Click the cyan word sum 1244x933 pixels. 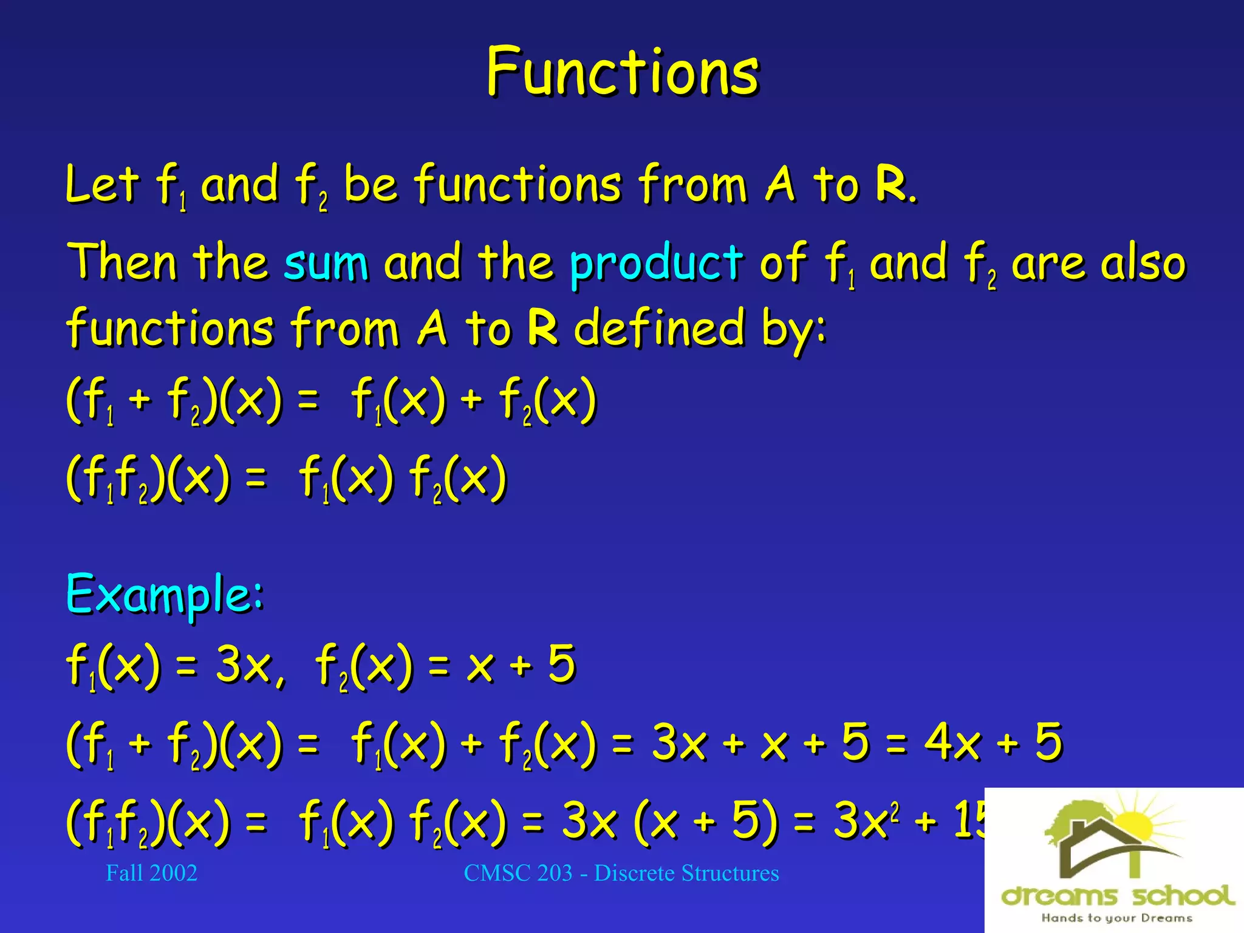pos(326,262)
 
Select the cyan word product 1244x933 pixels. pos(656,264)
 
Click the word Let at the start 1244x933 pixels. pos(101,183)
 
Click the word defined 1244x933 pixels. pos(660,327)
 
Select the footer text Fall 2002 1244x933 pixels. pos(151,873)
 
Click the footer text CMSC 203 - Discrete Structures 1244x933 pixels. pos(621,873)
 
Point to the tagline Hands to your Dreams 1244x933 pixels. pos(1116,918)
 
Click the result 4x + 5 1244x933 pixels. pos(993,742)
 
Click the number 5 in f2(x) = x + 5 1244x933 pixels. pos(562,663)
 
